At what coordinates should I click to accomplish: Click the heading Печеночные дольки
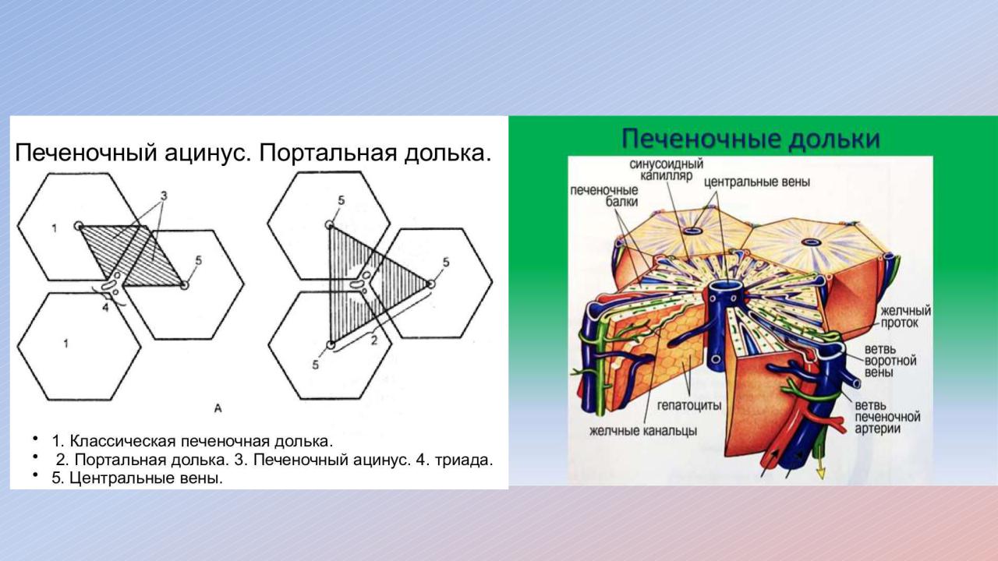pos(751,139)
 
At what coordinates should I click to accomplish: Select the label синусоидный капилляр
pos(667,170)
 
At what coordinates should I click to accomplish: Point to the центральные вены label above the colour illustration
pos(757,182)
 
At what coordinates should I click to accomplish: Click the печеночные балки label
pos(604,196)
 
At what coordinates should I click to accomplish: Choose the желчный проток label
pos(906,316)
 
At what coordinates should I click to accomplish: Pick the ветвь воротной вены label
pos(890,360)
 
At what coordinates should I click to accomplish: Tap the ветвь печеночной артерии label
pos(887,417)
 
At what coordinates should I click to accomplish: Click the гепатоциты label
pos(689,406)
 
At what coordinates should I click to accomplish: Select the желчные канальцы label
pos(643,431)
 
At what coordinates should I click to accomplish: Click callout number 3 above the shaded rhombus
pos(164,196)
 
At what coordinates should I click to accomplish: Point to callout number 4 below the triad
pos(105,307)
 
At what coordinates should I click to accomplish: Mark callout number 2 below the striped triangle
pos(374,340)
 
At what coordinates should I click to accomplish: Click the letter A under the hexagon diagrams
pos(218,408)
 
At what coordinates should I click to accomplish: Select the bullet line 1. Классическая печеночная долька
pos(193,441)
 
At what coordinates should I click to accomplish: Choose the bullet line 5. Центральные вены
pos(137,478)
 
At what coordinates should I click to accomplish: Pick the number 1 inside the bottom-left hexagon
pos(66,344)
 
